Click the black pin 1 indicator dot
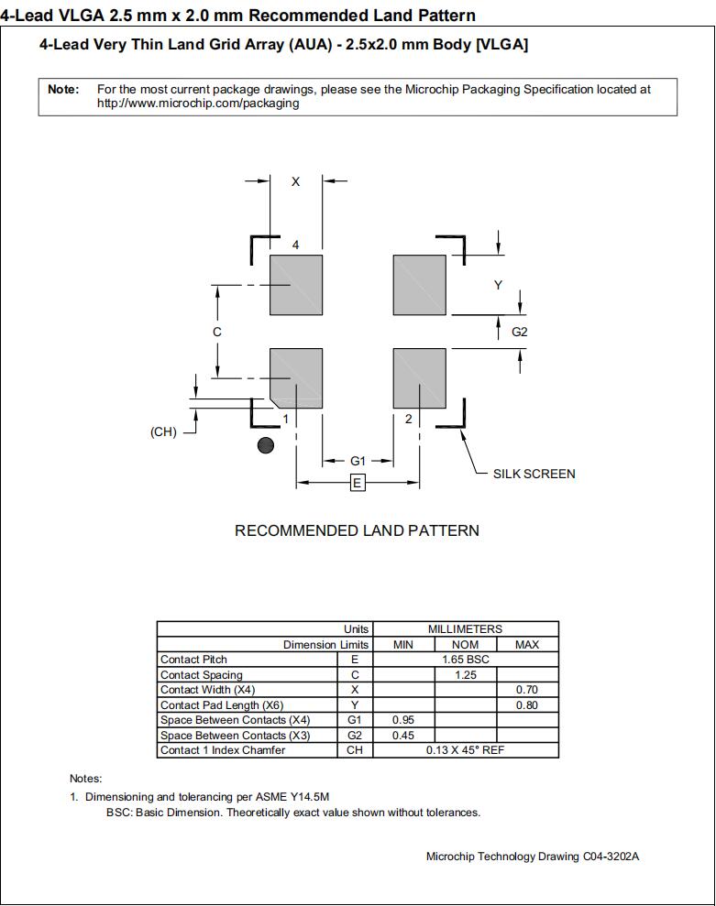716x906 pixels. tap(266, 446)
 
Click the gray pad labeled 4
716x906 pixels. tap(295, 284)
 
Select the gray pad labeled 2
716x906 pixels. tap(419, 376)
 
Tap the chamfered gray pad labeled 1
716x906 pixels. tap(296, 377)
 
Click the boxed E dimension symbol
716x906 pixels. tap(358, 483)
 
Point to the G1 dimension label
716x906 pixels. tap(358, 461)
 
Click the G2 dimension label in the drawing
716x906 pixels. tap(520, 332)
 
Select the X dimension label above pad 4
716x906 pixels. tap(295, 182)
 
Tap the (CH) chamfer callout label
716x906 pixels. tap(163, 432)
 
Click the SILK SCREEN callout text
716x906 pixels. tap(534, 474)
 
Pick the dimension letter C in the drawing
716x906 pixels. tap(217, 332)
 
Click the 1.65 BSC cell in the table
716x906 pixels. tap(465, 660)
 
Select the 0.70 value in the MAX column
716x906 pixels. tap(526, 690)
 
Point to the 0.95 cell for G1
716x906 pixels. tap(403, 720)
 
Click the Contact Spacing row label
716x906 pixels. tap(202, 675)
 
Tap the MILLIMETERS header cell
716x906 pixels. tap(465, 629)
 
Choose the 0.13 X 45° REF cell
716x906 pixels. tap(465, 750)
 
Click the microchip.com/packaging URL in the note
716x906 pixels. tap(198, 104)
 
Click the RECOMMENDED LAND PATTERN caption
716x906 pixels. tap(357, 530)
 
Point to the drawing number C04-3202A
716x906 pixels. tap(610, 857)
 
